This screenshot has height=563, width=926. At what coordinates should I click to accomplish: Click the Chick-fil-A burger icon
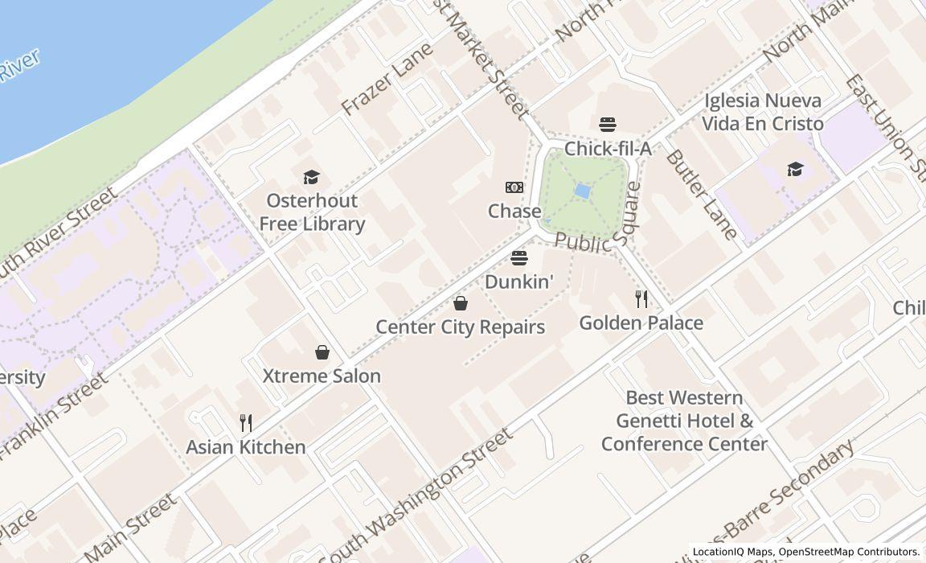[x=608, y=124]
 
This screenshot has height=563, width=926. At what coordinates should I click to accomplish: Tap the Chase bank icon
[x=514, y=187]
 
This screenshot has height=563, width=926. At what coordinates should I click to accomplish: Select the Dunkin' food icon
[x=519, y=258]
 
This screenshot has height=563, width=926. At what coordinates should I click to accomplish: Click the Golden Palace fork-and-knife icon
[x=641, y=299]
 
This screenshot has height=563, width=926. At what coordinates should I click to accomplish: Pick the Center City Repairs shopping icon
[x=461, y=303]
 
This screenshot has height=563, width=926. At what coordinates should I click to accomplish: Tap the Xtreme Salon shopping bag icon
[x=322, y=352]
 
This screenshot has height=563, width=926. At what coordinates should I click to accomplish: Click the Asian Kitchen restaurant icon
[x=246, y=423]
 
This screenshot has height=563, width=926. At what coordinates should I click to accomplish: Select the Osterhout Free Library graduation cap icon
[x=311, y=177]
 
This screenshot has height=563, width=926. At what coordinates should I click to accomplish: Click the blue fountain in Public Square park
[x=583, y=191]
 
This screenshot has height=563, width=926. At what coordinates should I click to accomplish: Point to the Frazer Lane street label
[x=387, y=79]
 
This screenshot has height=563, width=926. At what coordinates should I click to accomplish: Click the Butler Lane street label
[x=701, y=195]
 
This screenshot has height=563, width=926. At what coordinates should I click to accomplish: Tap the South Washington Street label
[x=416, y=496]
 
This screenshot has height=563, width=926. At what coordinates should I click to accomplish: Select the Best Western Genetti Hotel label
[x=684, y=421]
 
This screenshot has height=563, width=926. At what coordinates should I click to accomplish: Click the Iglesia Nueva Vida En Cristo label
[x=763, y=112]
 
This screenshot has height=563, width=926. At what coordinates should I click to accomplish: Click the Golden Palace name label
[x=641, y=323]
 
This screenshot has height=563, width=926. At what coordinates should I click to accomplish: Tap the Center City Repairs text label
[x=461, y=327]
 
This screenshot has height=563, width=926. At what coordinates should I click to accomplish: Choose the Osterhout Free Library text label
[x=312, y=212]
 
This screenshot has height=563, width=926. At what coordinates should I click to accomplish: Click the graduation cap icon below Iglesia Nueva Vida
[x=795, y=169]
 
